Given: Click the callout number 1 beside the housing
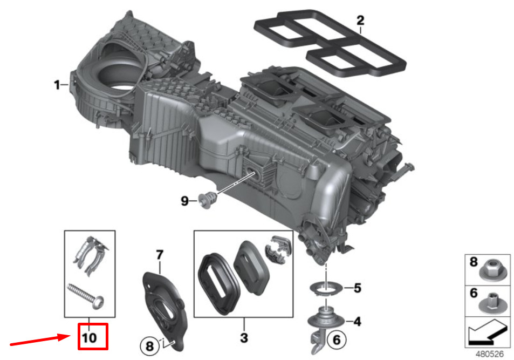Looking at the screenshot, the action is (57, 85).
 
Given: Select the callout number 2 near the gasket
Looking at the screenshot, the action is (360, 21).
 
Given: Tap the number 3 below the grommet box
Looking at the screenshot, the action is (244, 338).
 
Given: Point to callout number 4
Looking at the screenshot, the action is (357, 322).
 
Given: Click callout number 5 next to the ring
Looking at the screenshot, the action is (358, 288).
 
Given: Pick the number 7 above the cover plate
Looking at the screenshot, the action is (160, 255).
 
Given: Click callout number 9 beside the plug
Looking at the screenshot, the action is (185, 201).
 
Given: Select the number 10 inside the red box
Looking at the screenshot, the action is (90, 338).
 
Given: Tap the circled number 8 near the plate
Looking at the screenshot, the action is (149, 346).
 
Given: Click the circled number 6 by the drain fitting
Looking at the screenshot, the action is (337, 339).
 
